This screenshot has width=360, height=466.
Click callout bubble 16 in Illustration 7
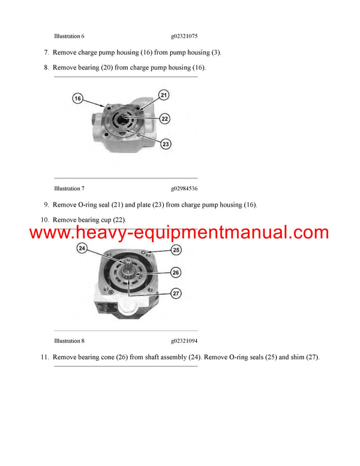(78, 98)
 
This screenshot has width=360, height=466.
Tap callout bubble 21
(164, 95)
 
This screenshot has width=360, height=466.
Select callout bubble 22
(166, 119)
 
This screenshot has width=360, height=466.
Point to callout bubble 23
(166, 144)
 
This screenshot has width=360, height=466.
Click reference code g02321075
(184, 36)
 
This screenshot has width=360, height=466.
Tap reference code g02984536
(184, 189)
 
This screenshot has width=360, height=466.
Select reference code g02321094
(184, 341)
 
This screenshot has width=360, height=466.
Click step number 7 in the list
(46, 53)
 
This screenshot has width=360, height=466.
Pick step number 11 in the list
(44, 357)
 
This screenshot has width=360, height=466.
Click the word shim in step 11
(288, 357)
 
